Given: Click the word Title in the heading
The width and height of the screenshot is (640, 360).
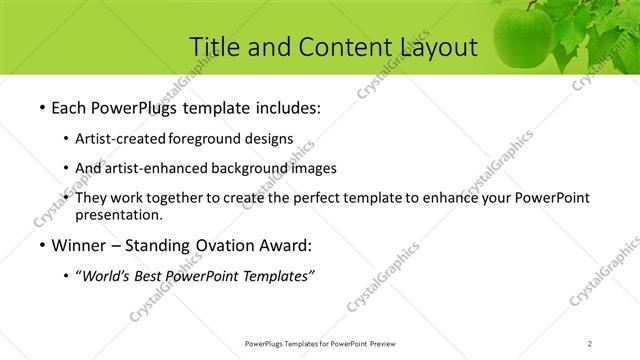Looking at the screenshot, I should coord(215,46).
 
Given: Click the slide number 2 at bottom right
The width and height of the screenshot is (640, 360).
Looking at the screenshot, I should coord(590,343).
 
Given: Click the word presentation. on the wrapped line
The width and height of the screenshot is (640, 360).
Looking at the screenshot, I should coord(118,215).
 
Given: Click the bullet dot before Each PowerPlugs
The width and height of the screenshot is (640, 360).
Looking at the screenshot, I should coord(40,107).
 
